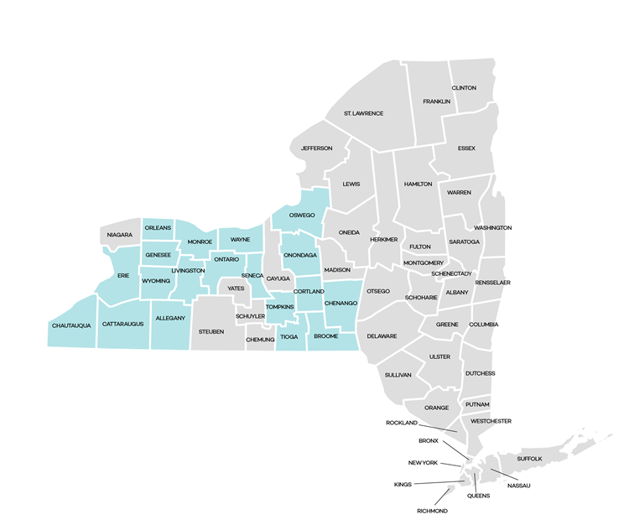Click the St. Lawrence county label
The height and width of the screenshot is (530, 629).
tap(363, 113)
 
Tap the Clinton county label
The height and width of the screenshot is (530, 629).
tap(464, 88)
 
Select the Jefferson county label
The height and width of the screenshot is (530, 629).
tap(317, 148)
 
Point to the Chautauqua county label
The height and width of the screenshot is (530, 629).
tap(71, 325)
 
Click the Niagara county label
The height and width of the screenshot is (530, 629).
tap(120, 236)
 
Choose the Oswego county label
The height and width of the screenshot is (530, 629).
tap(302, 216)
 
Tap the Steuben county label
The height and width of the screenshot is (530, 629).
tap(211, 332)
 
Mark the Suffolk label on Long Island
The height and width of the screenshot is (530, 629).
tap(529, 459)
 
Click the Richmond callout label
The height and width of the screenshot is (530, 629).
tap(432, 511)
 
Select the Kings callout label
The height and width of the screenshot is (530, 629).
tap(403, 485)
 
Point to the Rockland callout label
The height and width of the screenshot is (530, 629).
tap(402, 423)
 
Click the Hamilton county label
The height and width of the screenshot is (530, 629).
tap(418, 184)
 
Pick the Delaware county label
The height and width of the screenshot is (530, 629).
tap(382, 336)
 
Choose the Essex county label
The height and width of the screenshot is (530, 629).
tap(466, 148)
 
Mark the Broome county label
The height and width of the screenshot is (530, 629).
tap(325, 336)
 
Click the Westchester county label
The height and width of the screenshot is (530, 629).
tap(491, 421)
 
